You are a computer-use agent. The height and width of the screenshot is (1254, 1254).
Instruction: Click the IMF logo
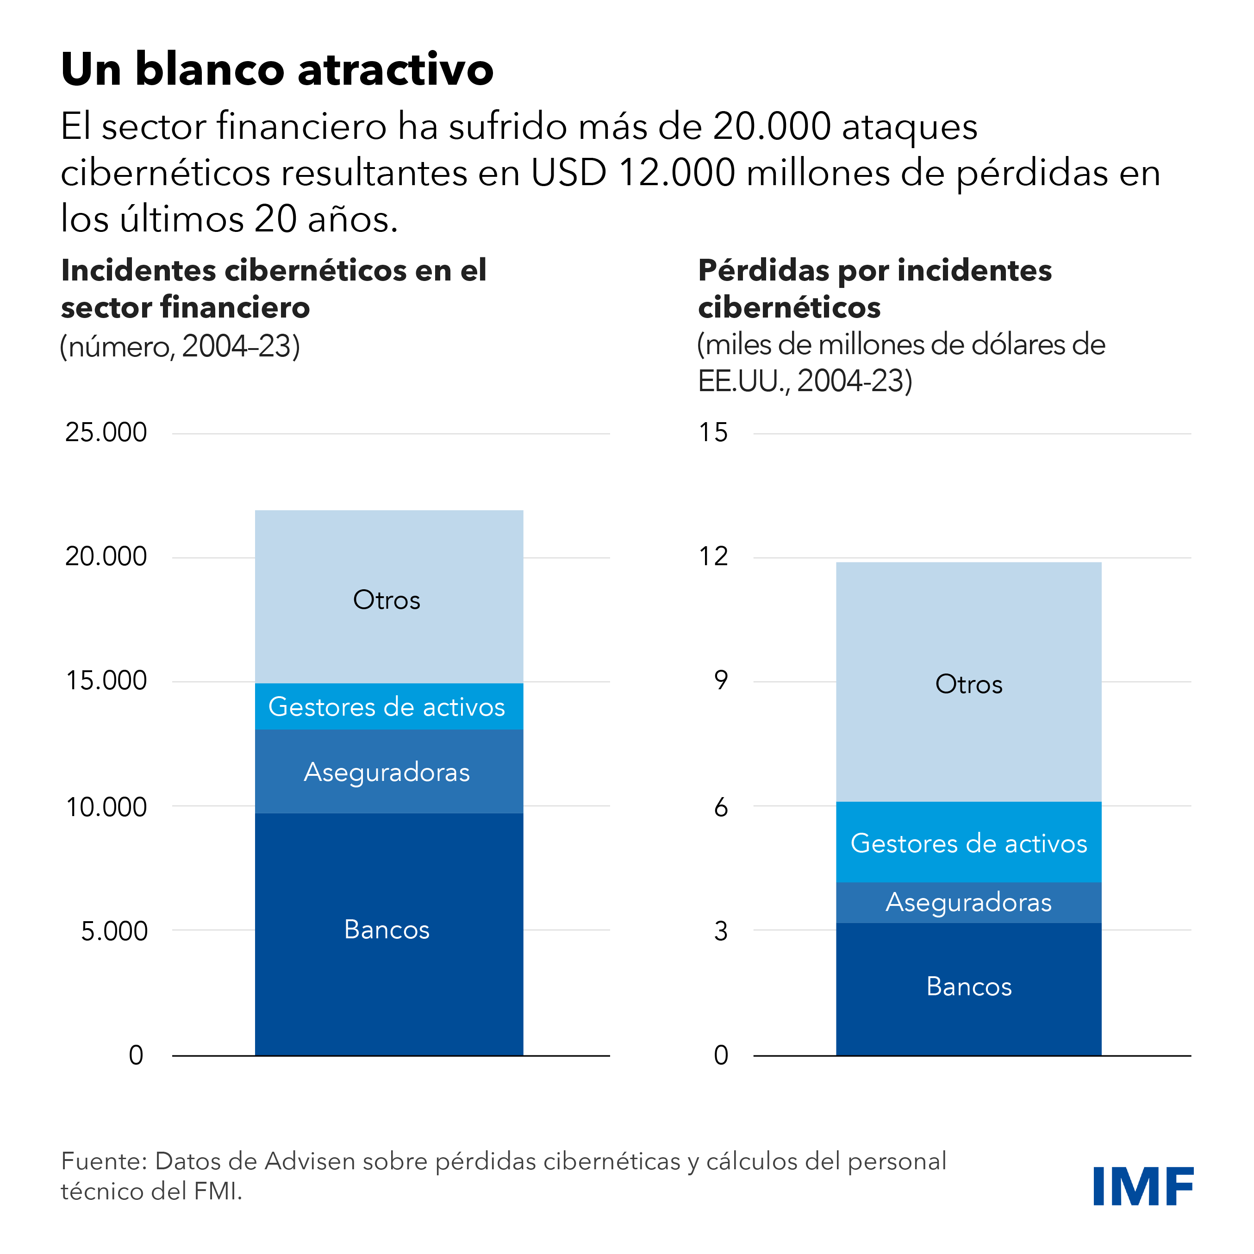(x=1142, y=1186)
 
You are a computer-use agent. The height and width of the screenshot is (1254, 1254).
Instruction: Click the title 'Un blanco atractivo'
(x=277, y=69)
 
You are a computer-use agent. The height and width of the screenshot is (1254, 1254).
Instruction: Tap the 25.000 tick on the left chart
(x=106, y=432)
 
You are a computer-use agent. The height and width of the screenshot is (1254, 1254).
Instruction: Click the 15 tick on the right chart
(x=713, y=432)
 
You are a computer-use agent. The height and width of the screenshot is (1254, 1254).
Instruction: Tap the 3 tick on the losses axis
(x=720, y=931)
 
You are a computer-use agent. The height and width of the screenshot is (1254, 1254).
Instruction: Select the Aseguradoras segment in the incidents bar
(x=389, y=772)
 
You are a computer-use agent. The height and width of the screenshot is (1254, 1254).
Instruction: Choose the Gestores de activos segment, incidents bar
(x=389, y=706)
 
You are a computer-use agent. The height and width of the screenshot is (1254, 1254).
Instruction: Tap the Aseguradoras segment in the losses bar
(x=968, y=902)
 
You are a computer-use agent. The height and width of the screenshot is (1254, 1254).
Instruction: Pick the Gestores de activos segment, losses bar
(x=968, y=842)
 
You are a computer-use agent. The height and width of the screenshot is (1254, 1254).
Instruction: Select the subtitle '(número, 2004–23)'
(x=180, y=346)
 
